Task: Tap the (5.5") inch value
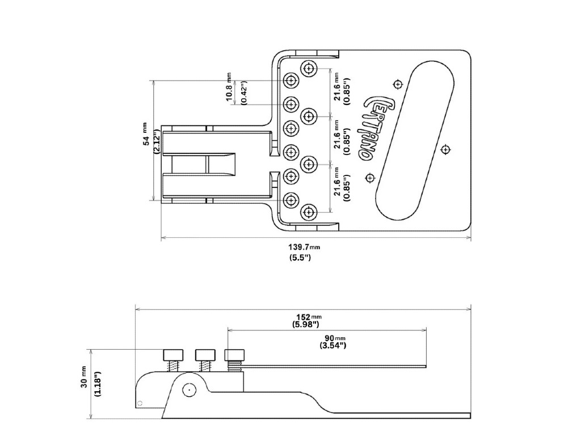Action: (300, 258)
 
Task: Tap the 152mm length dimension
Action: (309, 317)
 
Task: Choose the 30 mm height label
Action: (84, 377)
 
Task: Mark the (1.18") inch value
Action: (97, 385)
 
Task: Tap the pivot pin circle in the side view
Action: (188, 390)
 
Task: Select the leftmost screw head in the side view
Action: (173, 355)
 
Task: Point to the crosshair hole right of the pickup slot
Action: (446, 149)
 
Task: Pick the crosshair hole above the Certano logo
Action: (398, 85)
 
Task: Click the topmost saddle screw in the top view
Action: (309, 69)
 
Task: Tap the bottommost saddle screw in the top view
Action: (309, 212)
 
